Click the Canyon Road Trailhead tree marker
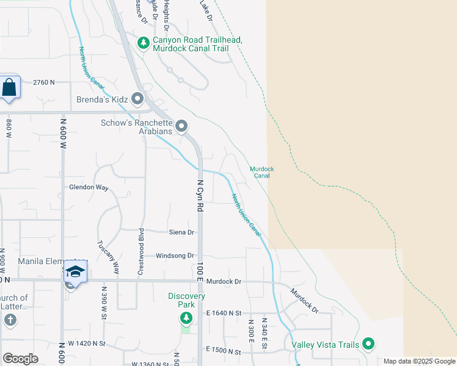tap(144, 43)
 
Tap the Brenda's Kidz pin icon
tap(137, 98)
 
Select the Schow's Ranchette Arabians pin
tap(181, 126)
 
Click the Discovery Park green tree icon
tap(186, 318)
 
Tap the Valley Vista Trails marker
tap(368, 344)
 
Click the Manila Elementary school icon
tap(75, 272)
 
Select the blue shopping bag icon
tap(10, 88)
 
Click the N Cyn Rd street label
tap(200, 195)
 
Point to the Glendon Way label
tap(89, 188)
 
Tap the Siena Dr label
tap(181, 232)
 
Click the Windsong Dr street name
tap(175, 256)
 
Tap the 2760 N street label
tap(44, 82)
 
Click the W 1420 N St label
tap(87, 343)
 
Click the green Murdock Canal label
tap(261, 172)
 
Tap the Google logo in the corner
tap(20, 359)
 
